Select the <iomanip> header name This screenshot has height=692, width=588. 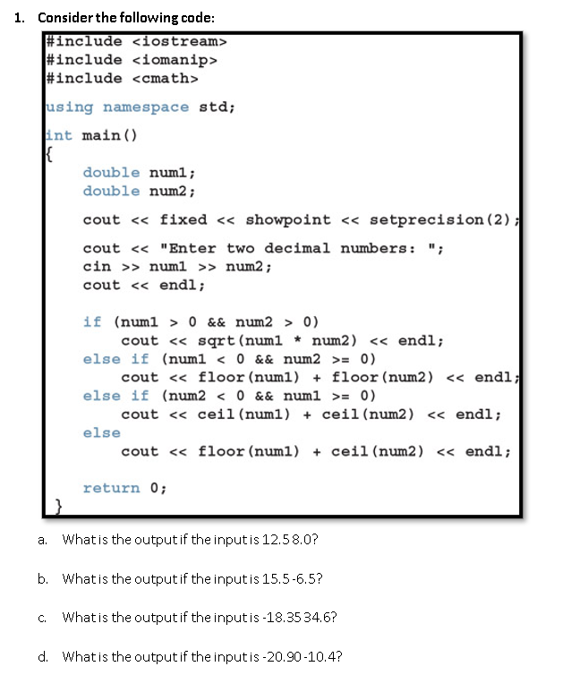(x=175, y=60)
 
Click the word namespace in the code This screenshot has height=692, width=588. (x=146, y=107)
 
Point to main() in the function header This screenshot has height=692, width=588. (x=108, y=136)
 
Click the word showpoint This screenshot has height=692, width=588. (x=288, y=219)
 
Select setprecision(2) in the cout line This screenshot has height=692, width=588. (x=438, y=219)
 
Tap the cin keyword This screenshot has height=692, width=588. (x=97, y=267)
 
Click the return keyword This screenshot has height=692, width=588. (x=111, y=488)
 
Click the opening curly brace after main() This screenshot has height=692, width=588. (x=50, y=154)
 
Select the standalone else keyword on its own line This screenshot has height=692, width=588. (x=101, y=432)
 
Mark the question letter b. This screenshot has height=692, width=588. (x=43, y=579)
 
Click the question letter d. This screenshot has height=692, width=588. (x=43, y=656)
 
